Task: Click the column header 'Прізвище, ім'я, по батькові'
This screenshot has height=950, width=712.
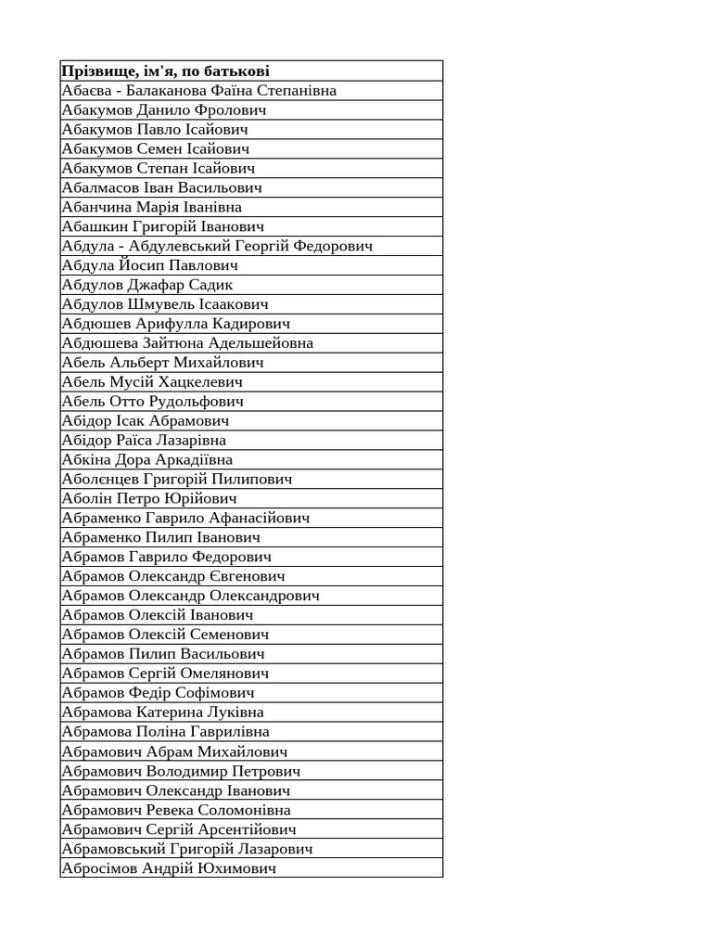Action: (x=165, y=71)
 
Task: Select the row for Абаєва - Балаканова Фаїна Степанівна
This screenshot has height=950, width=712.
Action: (x=198, y=91)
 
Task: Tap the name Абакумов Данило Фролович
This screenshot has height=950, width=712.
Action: (x=164, y=110)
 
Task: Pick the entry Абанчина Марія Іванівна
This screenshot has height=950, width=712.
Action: (x=151, y=208)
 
